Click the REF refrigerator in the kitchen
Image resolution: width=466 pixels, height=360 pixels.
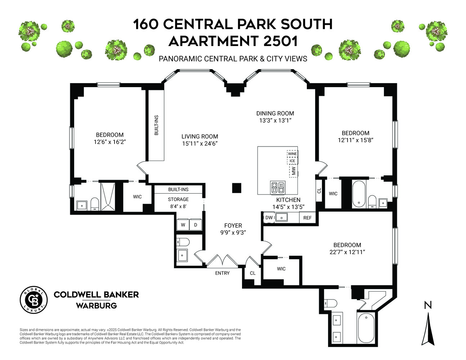(307, 218)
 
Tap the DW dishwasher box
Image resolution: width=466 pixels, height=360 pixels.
(269, 217)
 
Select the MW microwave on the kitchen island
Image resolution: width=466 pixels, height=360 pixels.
(294, 171)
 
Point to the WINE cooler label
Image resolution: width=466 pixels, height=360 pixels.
(292, 154)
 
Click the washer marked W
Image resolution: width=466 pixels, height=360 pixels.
(183, 225)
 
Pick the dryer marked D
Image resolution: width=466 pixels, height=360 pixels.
(196, 225)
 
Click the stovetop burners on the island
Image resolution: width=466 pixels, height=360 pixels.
(277, 187)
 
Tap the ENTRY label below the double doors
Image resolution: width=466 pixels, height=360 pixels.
(222, 273)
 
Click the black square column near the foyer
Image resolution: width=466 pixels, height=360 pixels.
(236, 188)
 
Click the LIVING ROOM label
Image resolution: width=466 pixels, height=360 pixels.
(200, 136)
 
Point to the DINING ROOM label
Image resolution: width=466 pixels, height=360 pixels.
(275, 113)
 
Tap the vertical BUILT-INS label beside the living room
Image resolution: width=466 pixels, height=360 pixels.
(156, 125)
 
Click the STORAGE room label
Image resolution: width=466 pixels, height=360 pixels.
(178, 199)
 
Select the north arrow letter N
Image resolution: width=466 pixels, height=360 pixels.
(427, 306)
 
